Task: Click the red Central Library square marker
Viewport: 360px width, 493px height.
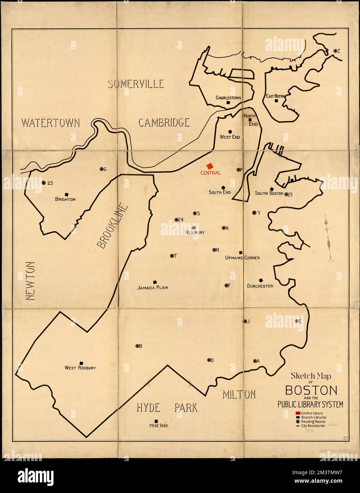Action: (210, 166)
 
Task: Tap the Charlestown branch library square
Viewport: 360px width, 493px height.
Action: (229, 103)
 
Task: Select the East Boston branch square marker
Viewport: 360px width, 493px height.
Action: (276, 101)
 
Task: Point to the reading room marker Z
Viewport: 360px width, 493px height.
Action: (335, 51)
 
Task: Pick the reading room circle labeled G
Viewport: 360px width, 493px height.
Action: (101, 169)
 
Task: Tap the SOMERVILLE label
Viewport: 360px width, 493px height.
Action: (136, 84)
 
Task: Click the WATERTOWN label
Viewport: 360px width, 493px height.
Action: (50, 123)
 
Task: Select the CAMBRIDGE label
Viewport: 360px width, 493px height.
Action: (164, 123)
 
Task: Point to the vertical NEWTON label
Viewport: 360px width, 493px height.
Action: (30, 281)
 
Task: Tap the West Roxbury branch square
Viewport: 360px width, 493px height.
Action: (81, 363)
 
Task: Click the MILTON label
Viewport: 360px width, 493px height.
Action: (239, 394)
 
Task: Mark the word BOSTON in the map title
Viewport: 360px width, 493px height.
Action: (311, 390)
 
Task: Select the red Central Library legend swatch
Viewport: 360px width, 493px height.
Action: (298, 414)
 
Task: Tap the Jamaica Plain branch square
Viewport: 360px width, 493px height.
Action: (155, 282)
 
